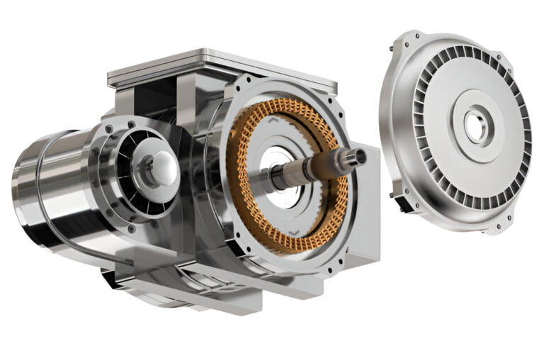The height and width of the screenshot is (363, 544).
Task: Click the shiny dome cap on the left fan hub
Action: pyautogui.click(x=164, y=167)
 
